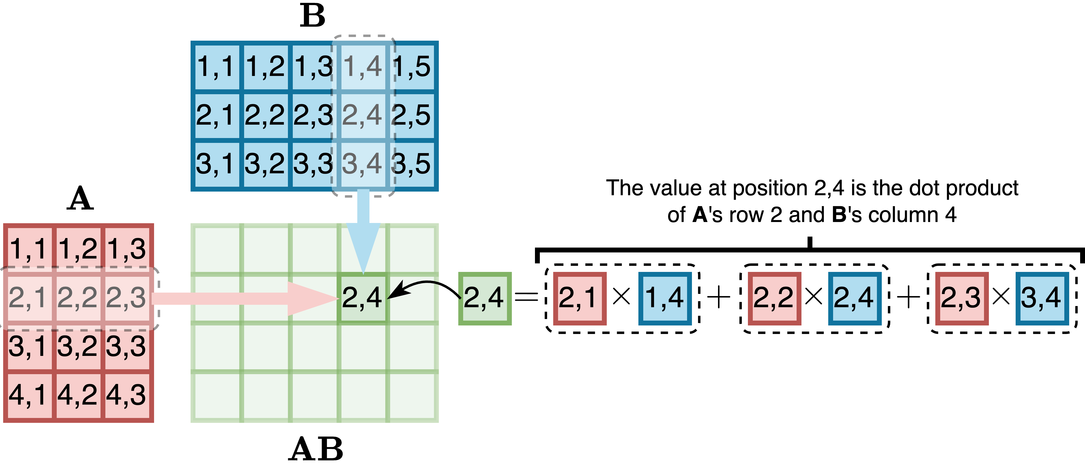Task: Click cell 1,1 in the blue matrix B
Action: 216,66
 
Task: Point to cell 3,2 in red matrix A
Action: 77,346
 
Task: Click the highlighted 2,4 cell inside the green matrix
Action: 362,298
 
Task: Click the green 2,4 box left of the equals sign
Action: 484,298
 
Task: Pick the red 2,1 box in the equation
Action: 579,298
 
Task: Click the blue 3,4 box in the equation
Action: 1042,298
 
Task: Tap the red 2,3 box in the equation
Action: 962,298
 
